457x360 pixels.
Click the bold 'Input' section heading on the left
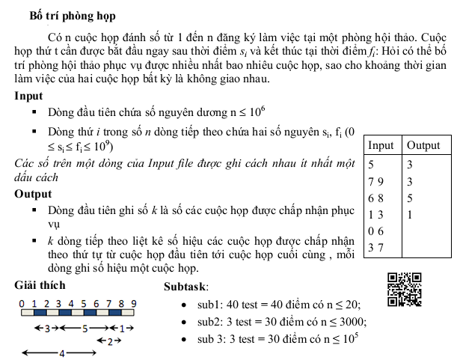tap(28, 96)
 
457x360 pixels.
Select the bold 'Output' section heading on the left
tap(34, 194)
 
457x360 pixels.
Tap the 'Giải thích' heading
tap(40, 285)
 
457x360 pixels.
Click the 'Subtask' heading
tap(185, 287)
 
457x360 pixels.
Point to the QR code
tap(405, 289)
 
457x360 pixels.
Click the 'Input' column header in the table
tap(381, 145)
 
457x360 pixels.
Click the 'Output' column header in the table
tap(423, 145)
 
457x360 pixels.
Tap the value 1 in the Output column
tap(410, 215)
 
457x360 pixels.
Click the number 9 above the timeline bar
tap(133, 303)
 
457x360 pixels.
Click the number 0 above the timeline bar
tap(23, 303)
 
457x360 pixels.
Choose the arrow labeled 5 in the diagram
tap(85, 328)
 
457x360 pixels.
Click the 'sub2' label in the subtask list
tap(211, 322)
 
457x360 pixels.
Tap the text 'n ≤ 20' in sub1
tap(343, 305)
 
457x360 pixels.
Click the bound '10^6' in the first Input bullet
tap(256, 112)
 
